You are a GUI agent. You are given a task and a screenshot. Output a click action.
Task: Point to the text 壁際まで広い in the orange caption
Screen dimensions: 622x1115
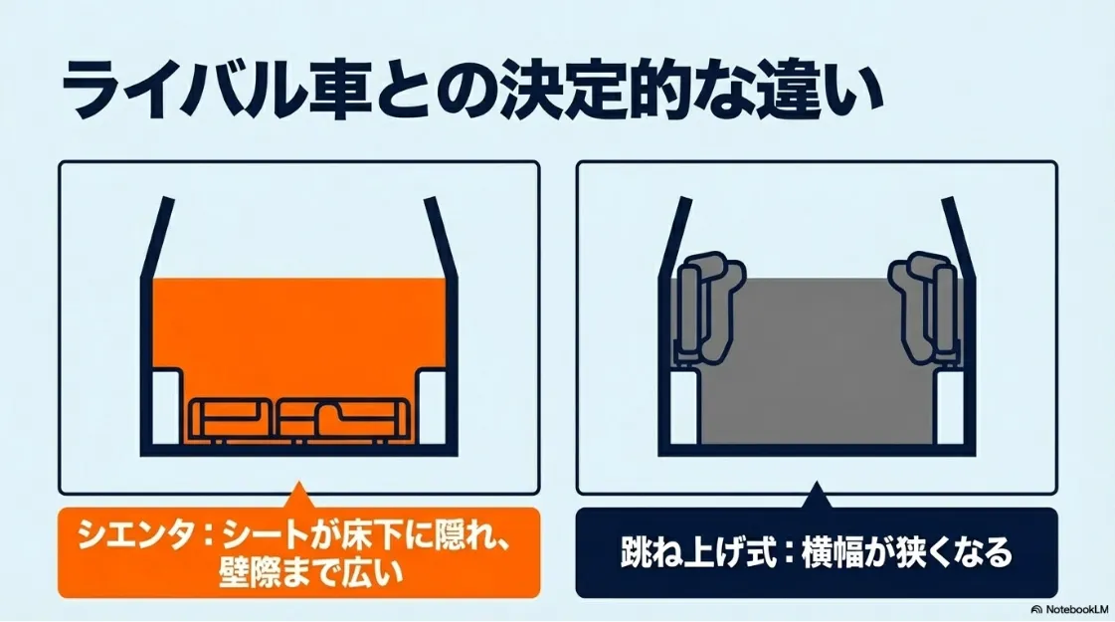[x=298, y=574]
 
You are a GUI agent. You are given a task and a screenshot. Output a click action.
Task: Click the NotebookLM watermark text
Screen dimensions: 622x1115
[x=1073, y=609]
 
